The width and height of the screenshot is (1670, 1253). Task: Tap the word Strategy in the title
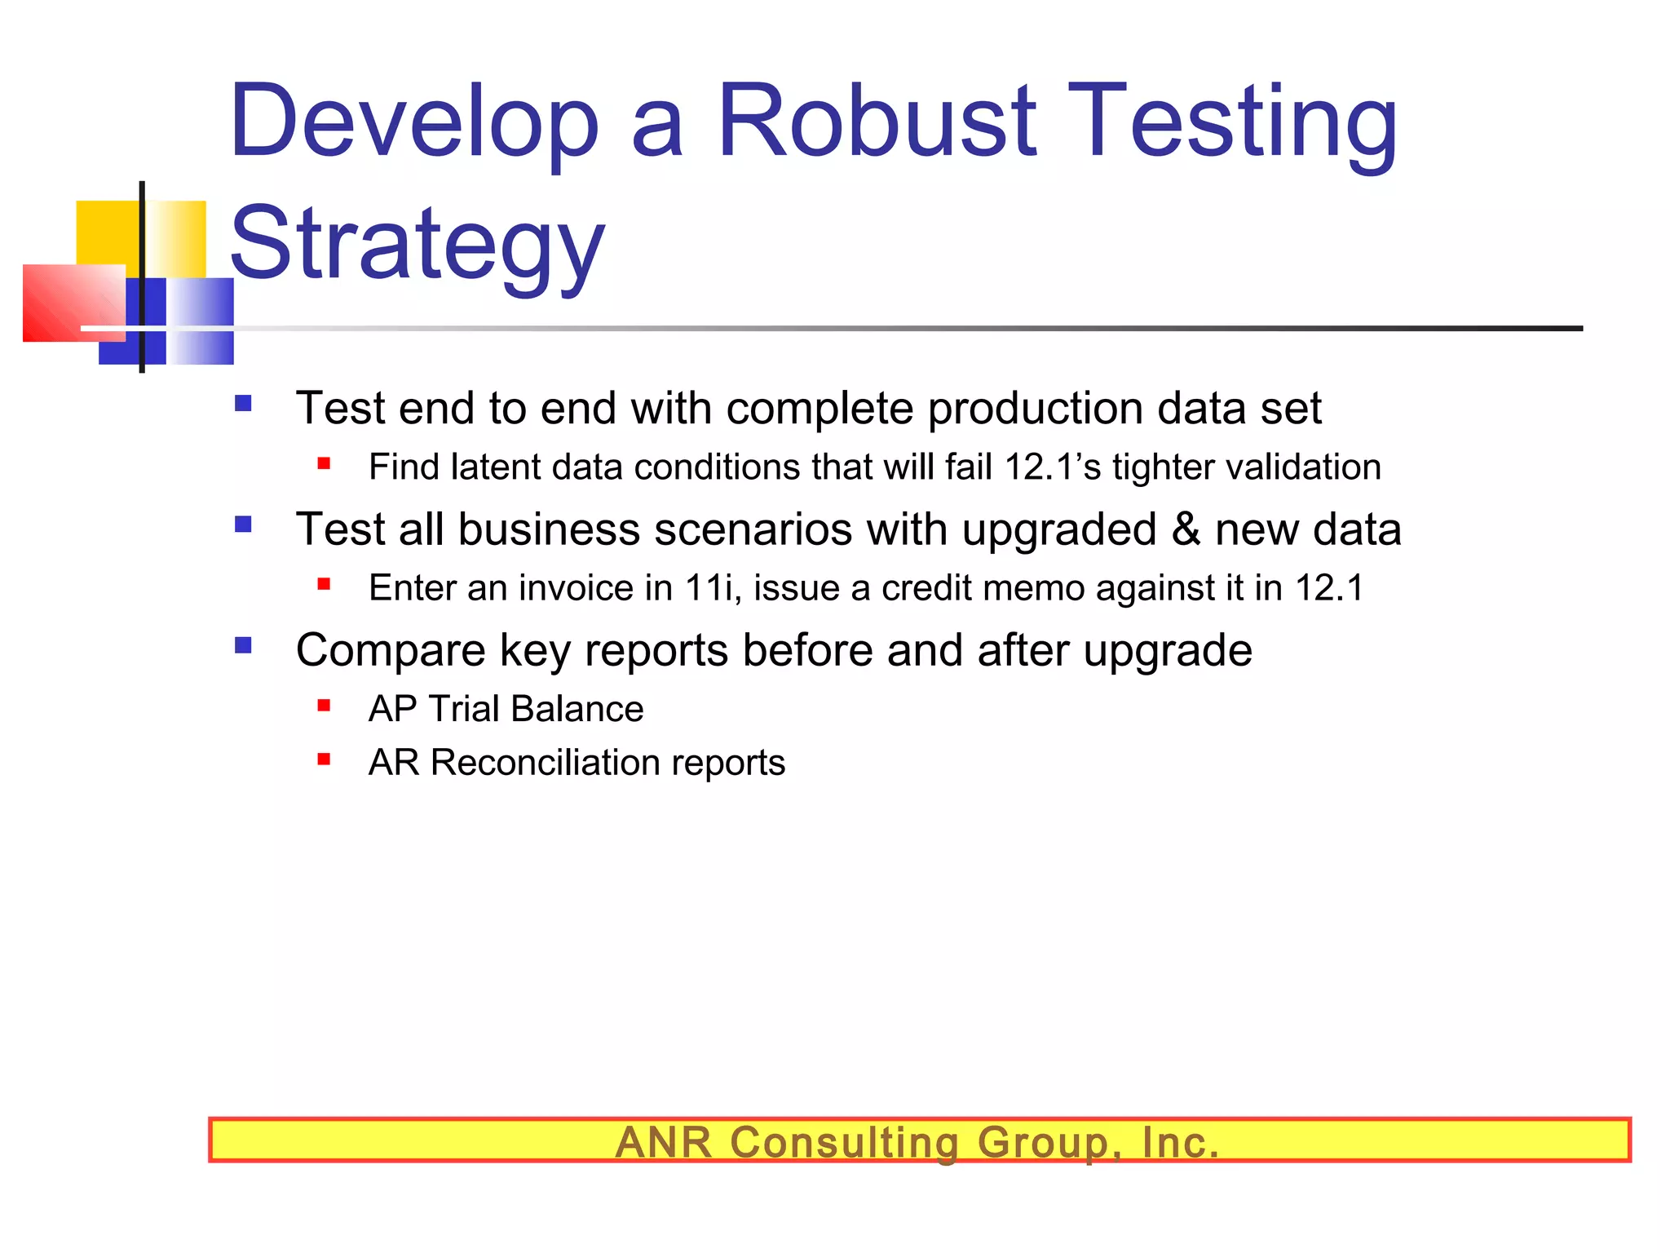point(417,243)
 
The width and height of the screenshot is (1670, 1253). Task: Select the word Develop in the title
point(414,122)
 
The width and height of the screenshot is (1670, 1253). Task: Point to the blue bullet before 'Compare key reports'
point(243,646)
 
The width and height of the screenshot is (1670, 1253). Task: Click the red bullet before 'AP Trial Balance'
point(324,706)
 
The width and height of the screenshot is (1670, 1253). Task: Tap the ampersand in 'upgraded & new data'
point(1186,529)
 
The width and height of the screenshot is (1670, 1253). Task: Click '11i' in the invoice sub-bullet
point(712,587)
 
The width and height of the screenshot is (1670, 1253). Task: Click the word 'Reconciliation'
point(545,763)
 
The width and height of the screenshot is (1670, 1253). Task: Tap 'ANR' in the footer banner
point(664,1142)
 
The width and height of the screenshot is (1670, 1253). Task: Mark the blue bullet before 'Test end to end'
point(243,403)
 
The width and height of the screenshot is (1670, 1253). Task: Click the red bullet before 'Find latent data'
point(324,464)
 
